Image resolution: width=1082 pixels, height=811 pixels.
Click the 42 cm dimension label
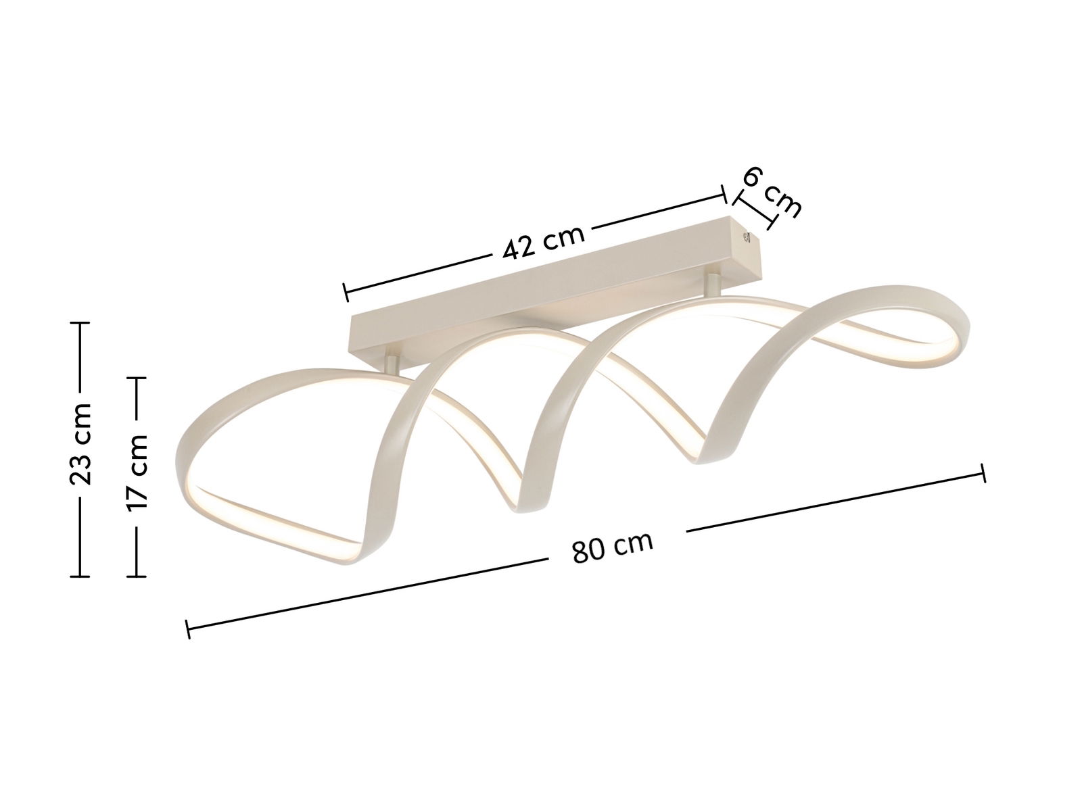click(544, 242)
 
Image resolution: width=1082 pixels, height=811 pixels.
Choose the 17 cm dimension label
click(137, 472)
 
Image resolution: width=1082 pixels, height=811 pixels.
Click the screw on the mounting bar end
click(747, 237)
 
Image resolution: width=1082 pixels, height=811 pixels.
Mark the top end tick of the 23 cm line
click(80, 322)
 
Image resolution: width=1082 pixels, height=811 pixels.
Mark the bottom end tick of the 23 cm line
click(80, 576)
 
